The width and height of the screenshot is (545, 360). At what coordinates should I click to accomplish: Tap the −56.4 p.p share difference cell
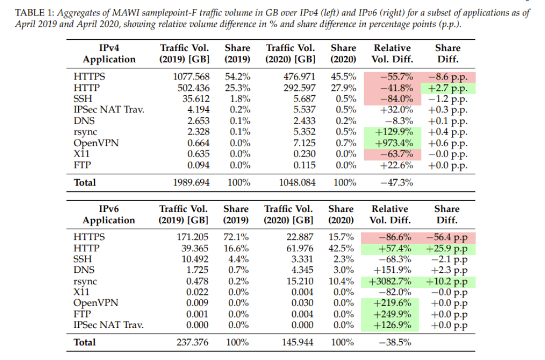(447, 237)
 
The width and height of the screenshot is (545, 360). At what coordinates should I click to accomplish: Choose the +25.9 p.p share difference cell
(447, 248)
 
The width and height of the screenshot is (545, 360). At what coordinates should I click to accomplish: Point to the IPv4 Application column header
(109, 54)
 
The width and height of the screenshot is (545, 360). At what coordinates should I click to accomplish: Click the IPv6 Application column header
(109, 214)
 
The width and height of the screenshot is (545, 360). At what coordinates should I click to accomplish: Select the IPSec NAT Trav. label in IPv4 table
(109, 110)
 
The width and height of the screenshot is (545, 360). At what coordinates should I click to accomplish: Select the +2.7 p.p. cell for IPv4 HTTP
(448, 88)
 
